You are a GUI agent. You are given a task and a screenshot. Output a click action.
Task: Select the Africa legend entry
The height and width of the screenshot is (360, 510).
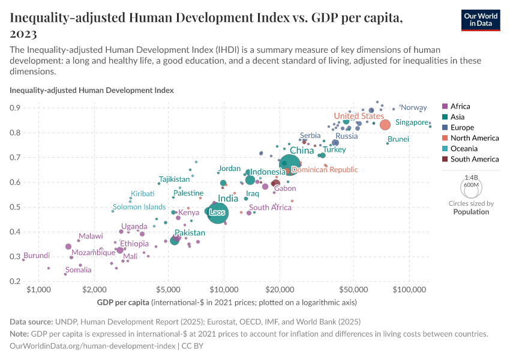(x=461, y=106)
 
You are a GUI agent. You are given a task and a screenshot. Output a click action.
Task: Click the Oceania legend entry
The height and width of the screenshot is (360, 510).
(x=466, y=149)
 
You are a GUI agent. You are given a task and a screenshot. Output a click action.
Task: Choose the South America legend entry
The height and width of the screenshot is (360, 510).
(x=474, y=159)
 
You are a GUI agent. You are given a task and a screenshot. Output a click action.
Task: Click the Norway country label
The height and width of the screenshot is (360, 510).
(x=413, y=107)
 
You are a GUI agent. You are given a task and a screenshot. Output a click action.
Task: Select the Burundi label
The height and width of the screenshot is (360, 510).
(x=37, y=256)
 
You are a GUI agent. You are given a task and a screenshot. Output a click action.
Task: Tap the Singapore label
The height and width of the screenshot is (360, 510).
(x=412, y=122)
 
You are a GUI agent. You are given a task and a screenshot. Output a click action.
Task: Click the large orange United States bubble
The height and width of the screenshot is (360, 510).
(x=385, y=125)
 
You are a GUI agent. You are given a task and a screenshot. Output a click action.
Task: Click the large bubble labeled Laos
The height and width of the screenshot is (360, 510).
(x=217, y=213)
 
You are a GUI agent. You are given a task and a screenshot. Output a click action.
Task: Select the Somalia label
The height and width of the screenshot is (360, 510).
(x=79, y=270)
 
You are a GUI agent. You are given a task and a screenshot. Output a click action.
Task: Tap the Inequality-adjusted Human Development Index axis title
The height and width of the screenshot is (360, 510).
(x=92, y=91)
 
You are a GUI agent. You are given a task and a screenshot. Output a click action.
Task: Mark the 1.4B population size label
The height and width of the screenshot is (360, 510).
(x=471, y=178)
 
